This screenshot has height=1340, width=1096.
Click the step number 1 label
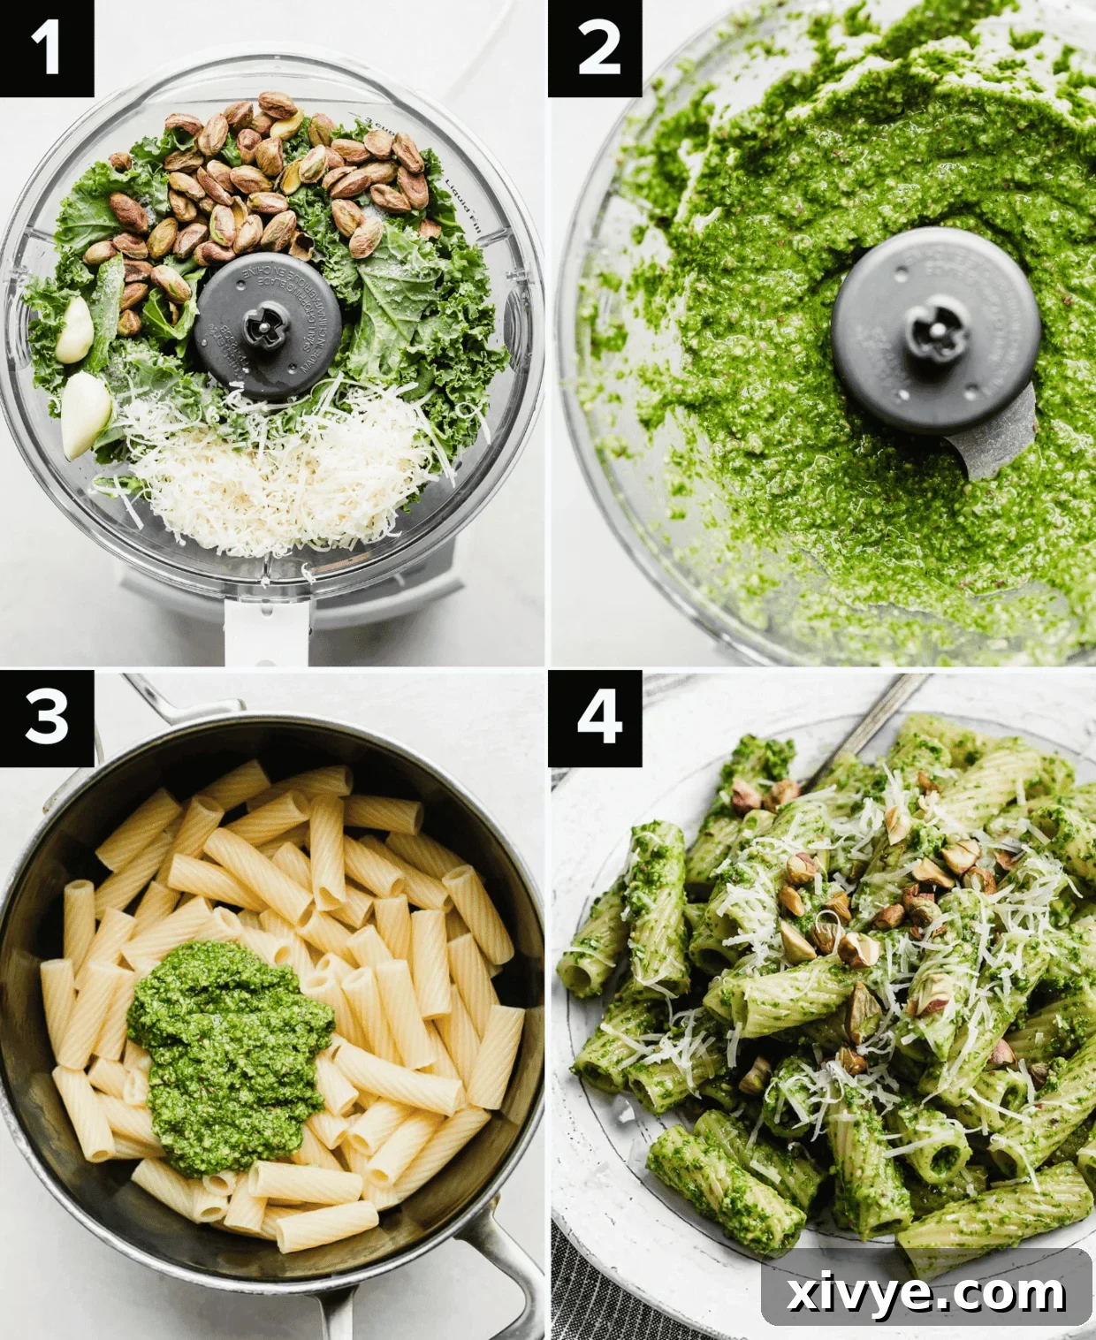46,48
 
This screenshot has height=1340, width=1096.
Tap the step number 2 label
595,48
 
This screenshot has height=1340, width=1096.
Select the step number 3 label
46,717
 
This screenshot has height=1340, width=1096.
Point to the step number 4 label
595,717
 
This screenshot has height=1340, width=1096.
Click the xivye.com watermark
925,1293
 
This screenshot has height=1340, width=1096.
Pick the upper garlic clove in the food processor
74,330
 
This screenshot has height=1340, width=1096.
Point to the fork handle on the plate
871,716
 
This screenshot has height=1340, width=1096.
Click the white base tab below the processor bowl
265,632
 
